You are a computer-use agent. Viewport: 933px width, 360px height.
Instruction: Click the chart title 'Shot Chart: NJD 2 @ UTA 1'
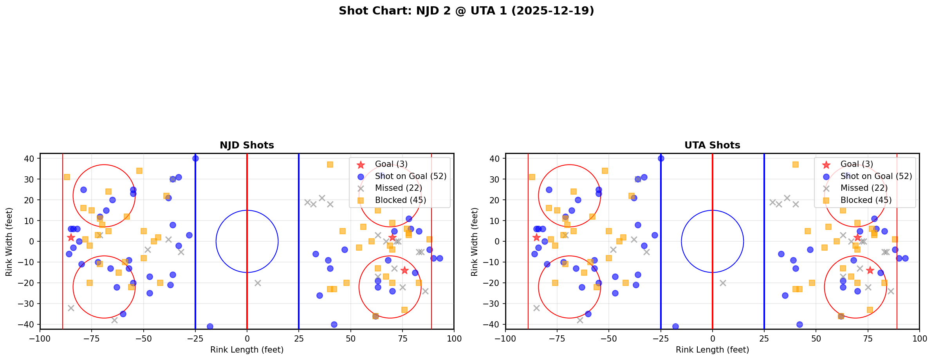click(466, 11)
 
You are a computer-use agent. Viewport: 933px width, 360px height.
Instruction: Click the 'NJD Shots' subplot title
click(247, 145)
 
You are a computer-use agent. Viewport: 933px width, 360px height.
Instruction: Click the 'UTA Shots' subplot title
click(712, 145)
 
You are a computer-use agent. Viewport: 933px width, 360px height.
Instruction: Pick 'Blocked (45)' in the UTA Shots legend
click(866, 200)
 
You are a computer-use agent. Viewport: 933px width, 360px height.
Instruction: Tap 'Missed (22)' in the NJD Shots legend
click(398, 188)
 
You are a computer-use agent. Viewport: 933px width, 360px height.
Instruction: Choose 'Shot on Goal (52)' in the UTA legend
click(876, 176)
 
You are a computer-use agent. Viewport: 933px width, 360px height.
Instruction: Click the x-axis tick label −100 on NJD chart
click(40, 338)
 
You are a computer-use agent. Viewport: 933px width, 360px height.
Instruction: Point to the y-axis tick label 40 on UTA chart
click(496, 159)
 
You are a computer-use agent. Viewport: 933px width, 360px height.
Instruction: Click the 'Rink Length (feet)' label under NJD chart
click(247, 350)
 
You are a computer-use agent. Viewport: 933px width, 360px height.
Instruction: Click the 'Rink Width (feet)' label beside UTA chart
click(475, 242)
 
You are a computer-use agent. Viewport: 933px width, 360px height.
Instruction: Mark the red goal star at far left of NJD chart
click(71, 237)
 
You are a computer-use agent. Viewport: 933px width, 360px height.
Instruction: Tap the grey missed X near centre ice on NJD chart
click(258, 283)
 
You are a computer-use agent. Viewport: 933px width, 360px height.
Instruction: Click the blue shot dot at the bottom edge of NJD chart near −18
click(210, 326)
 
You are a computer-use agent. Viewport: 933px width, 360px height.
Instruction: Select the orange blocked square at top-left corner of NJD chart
click(67, 177)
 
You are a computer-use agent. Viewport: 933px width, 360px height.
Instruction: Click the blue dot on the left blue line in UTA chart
click(661, 158)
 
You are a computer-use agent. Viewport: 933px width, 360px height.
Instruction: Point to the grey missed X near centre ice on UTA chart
click(723, 283)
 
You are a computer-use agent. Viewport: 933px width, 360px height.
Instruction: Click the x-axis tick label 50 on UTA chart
click(816, 338)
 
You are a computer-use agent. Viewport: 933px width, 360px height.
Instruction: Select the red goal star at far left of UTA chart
click(536, 237)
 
